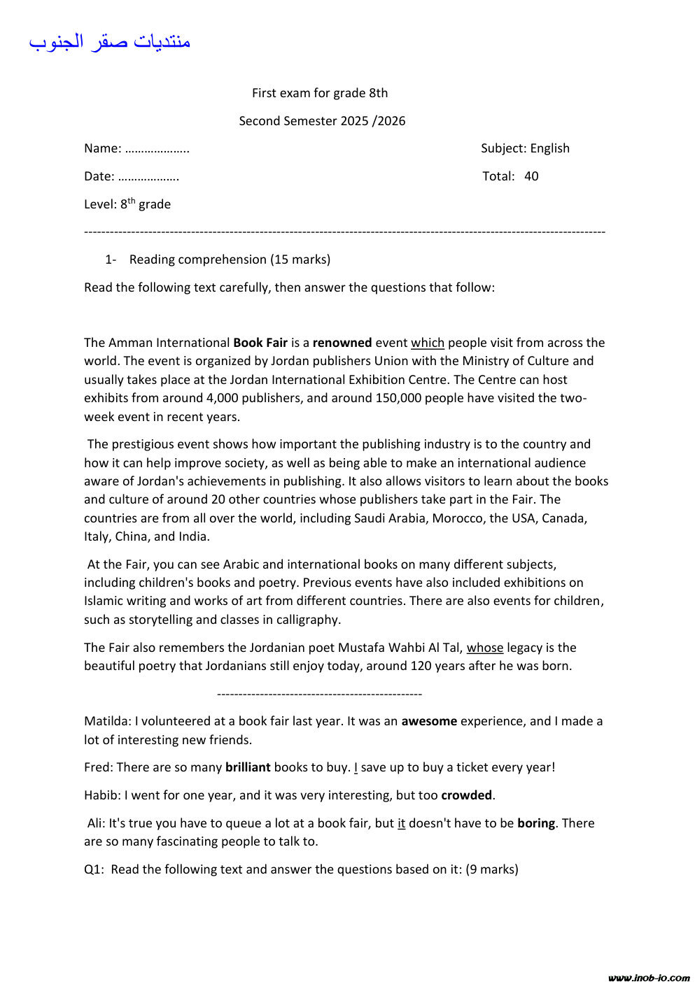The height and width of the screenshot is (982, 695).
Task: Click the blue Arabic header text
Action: pos(110,41)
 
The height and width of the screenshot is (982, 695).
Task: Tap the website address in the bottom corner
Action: pos(649,977)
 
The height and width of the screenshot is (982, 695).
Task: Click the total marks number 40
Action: pos(531,176)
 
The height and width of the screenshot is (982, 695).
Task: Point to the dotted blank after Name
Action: pos(157,149)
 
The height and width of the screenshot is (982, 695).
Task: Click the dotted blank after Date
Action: pos(148,177)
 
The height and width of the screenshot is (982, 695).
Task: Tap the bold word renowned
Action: pos(342,343)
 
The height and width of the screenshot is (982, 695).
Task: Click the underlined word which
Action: pos(427,343)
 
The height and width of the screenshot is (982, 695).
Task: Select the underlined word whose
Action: pos(485,648)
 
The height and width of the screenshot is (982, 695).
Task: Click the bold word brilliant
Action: pos(248,767)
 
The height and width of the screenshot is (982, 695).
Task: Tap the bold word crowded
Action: pos(466,795)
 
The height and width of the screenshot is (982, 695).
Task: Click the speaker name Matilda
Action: pos(106,721)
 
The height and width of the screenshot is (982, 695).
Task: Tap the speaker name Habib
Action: pos(101,795)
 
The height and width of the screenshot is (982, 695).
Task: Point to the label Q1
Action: pos(93,869)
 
